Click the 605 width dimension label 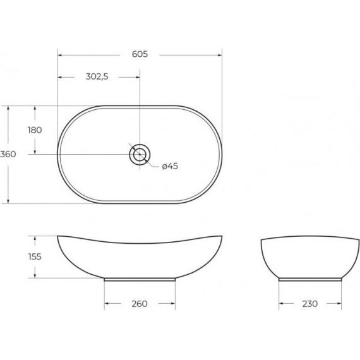pos(140,54)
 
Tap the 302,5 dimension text pos(97,76)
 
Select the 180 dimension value pos(35,130)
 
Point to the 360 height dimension pos(8,154)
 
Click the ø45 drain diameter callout pos(170,166)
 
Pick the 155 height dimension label pos(35,256)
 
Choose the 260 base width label pos(140,304)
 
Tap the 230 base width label pos(310,304)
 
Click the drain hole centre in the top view pos(140,154)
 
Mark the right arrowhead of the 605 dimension pos(220,55)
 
